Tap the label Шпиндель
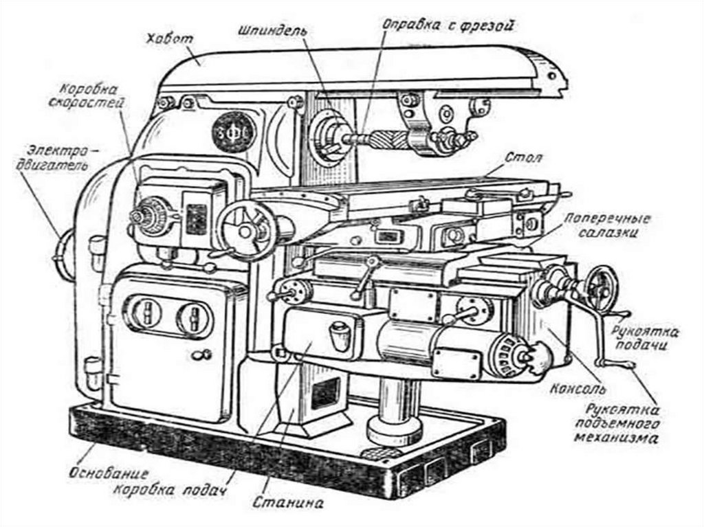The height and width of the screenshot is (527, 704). coord(273,32)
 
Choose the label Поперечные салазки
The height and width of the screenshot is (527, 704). coord(607,226)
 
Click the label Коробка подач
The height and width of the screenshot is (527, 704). coord(170,493)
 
